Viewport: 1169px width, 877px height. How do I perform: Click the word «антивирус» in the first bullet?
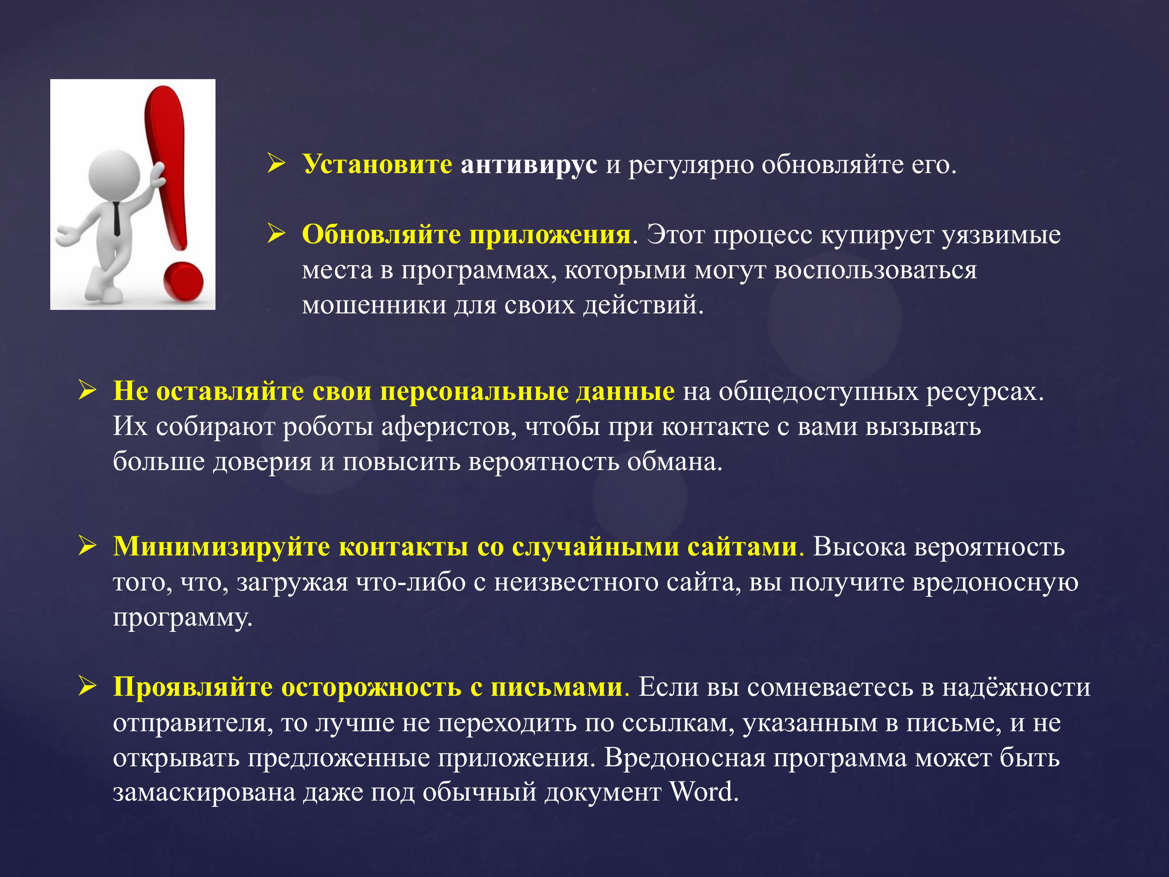tap(529, 165)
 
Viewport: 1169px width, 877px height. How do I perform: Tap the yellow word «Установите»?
tap(377, 165)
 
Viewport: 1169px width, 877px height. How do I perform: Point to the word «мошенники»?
tap(374, 306)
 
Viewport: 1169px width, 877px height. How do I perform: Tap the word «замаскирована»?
tap(204, 792)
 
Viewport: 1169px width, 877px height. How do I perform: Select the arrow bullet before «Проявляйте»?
tap(87, 687)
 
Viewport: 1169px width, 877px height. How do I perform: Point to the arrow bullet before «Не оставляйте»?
tap(87, 391)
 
